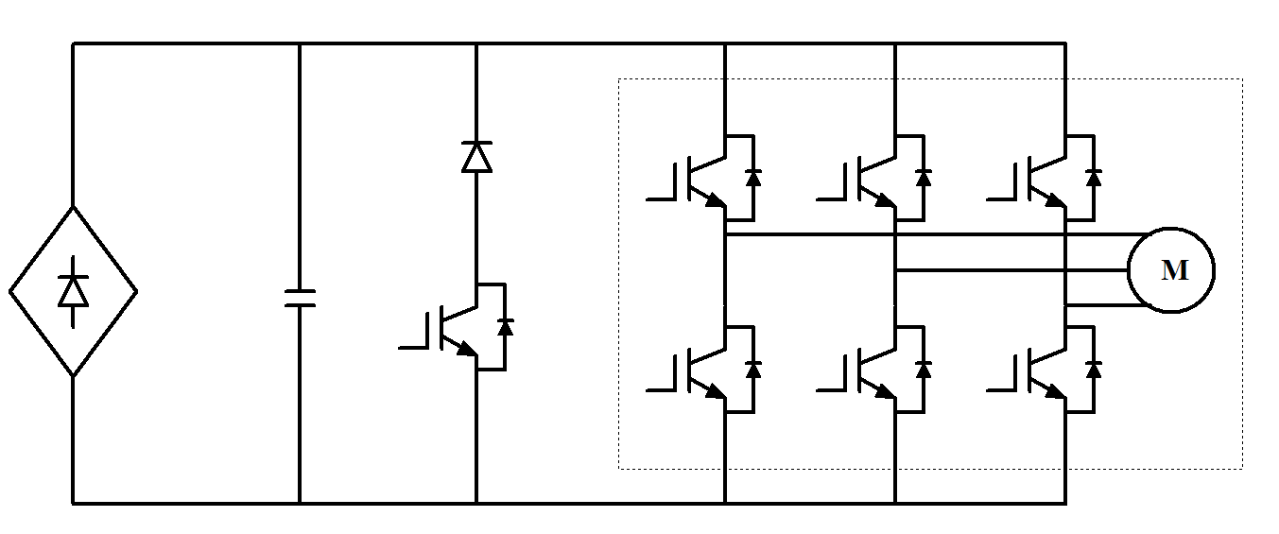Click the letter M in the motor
pyautogui.click(x=1174, y=271)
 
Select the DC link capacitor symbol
pyautogui.click(x=300, y=299)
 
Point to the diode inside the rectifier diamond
pyautogui.click(x=73, y=290)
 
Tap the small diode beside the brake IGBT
pyautogui.click(x=505, y=327)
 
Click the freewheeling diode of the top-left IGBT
pyautogui.click(x=753, y=177)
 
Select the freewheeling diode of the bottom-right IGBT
pyautogui.click(x=1094, y=368)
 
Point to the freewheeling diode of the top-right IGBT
pyautogui.click(x=1094, y=177)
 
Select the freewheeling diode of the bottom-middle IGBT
pyautogui.click(x=924, y=368)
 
